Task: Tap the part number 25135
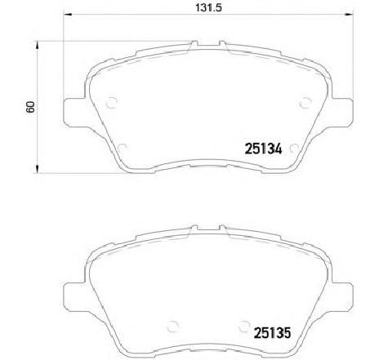[269, 332]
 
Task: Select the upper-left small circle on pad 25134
[113, 102]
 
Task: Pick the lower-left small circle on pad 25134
[122, 148]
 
